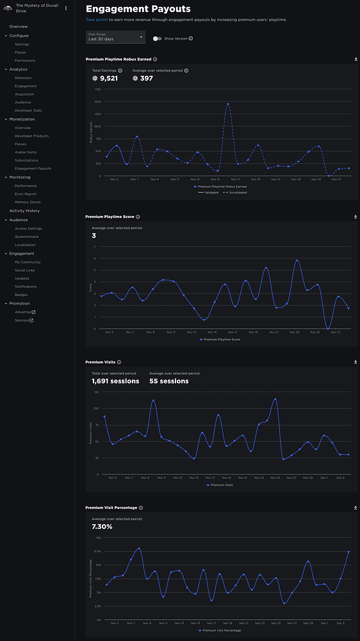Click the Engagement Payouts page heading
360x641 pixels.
pos(138,9)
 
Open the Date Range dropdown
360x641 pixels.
pos(115,38)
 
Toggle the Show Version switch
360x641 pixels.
pos(157,38)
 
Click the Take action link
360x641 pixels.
pos(98,20)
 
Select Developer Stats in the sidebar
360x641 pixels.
pos(28,110)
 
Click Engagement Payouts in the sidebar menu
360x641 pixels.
pos(33,169)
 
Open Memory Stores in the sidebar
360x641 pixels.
pos(28,202)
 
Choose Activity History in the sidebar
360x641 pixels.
pos(24,210)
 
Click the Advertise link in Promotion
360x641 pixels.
pos(24,312)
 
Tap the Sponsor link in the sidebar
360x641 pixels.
pos(23,320)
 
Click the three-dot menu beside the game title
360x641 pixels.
pos(66,8)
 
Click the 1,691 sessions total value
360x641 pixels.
pos(115,381)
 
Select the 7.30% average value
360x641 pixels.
pos(102,526)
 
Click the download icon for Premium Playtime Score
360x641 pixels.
pos(356,217)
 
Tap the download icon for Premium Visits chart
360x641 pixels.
pos(356,362)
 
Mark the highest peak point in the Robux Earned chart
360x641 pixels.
pos(227,104)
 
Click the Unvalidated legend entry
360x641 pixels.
pos(234,192)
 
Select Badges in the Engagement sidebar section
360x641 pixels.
pos(21,295)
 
